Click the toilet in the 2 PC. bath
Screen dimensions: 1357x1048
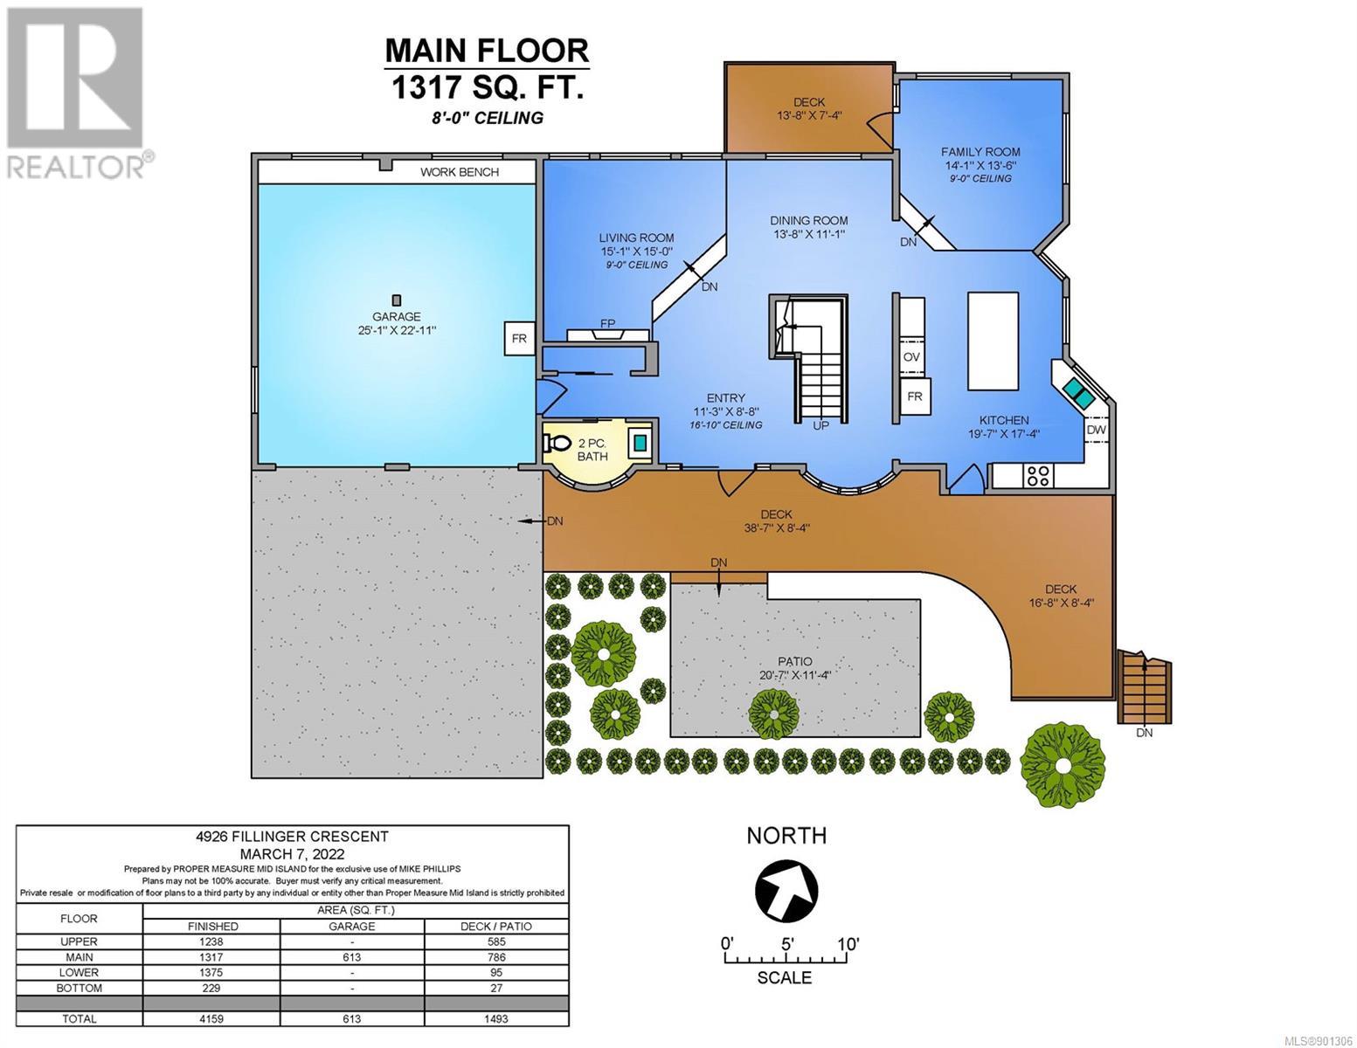557,444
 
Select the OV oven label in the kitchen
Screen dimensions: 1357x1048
911,357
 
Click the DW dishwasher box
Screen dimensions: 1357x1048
1096,430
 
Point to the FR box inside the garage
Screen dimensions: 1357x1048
519,338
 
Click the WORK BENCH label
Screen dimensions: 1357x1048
460,172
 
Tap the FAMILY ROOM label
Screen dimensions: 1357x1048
980,152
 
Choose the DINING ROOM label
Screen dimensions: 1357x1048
809,220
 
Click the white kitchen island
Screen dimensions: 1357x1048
993,341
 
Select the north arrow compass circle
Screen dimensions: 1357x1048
786,891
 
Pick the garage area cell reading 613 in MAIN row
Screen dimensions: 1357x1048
351,957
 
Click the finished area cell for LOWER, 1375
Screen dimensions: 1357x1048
212,972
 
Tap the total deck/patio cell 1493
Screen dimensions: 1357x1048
496,1018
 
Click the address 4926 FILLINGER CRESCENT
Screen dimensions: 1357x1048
292,837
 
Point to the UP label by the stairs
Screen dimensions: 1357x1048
820,425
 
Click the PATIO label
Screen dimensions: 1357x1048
795,661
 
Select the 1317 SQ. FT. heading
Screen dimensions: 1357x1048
487,86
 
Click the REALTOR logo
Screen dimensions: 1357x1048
78,93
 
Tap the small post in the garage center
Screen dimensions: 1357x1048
397,300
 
